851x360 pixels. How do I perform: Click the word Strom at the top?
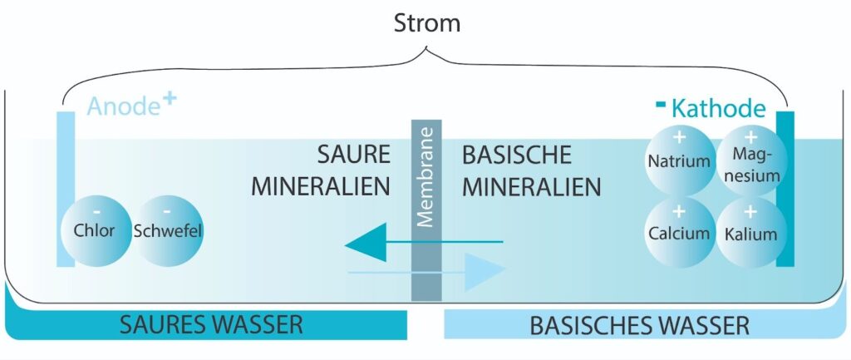426,22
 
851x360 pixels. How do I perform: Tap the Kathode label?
718,109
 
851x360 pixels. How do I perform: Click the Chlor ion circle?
95,230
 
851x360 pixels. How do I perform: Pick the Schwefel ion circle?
168,230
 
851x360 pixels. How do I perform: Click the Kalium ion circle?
750,232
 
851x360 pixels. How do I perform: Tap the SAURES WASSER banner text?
212,324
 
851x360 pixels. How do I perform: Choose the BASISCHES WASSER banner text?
639,324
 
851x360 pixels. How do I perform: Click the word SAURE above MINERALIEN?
353,155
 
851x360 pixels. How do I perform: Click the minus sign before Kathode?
661,104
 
